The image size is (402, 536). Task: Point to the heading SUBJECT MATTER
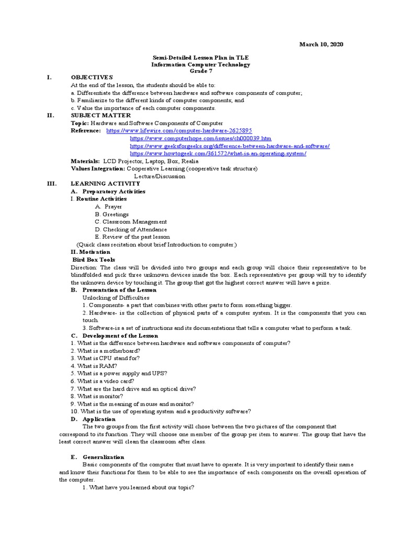[x=101, y=115]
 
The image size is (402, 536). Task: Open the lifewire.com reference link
[x=179, y=130]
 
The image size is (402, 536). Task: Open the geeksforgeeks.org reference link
[x=229, y=146]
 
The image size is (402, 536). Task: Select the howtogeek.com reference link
[x=218, y=153]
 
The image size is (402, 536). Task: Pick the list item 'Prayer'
[x=112, y=207]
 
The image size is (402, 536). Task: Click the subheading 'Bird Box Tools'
[x=93, y=260]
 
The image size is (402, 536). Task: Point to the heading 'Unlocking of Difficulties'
[x=113, y=297]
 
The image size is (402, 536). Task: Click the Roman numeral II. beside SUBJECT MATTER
[x=50, y=115]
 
